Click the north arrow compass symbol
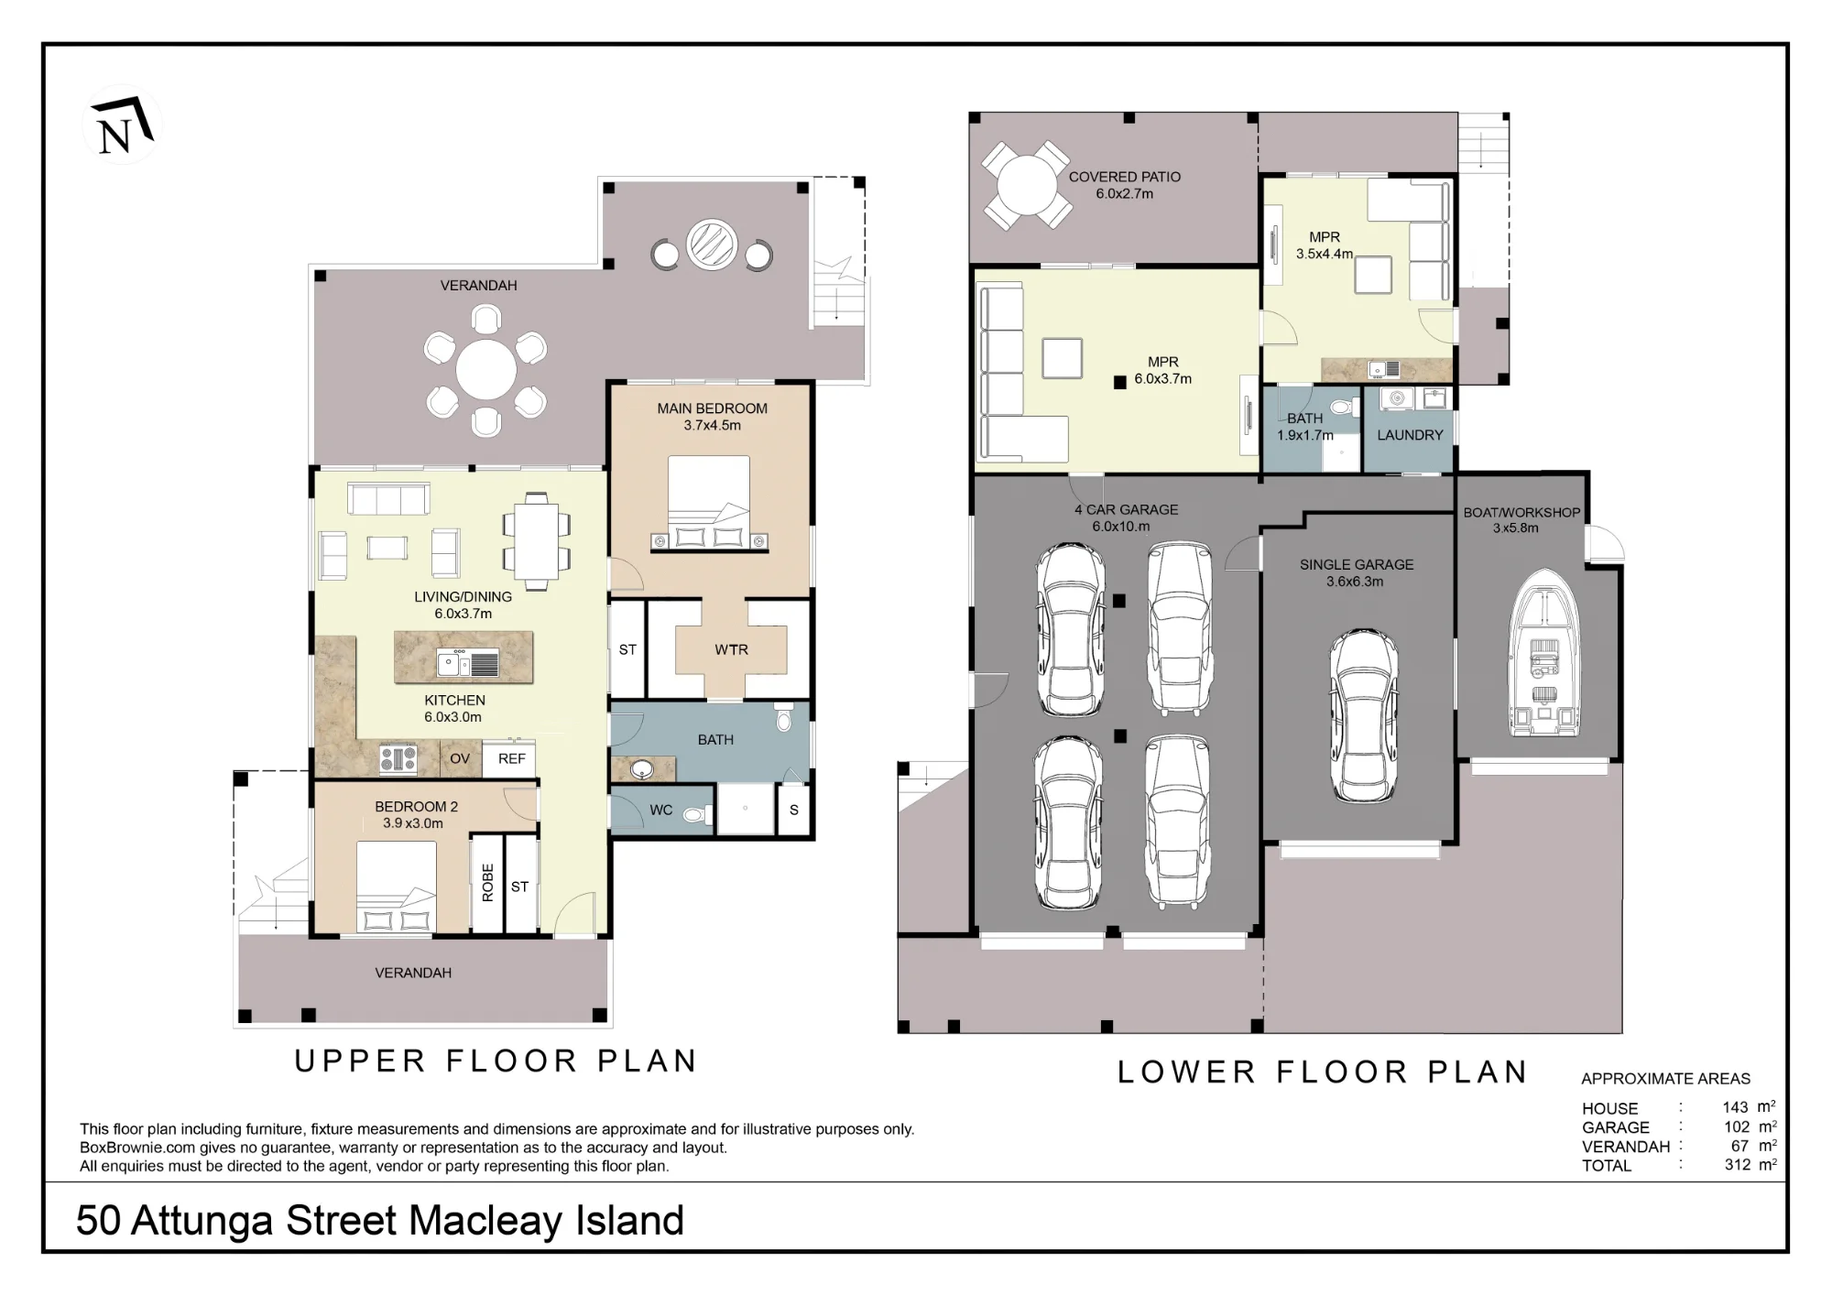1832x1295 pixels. click(122, 125)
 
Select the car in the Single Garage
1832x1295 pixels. click(1364, 716)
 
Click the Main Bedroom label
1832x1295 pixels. click(712, 408)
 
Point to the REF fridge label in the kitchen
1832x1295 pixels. click(511, 758)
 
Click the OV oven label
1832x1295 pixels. click(460, 758)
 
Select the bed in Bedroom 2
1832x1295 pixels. click(396, 887)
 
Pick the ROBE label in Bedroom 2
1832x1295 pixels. click(487, 883)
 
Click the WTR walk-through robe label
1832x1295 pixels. click(731, 649)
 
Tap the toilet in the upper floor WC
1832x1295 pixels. click(696, 813)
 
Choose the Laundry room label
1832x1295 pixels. click(1410, 435)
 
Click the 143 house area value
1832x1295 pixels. click(1735, 1107)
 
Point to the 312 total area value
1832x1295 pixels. click(1737, 1165)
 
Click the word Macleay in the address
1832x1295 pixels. click(485, 1221)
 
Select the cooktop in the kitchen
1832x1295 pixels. click(398, 759)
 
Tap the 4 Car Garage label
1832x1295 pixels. click(1127, 509)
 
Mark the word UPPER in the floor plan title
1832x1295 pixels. click(360, 1061)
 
